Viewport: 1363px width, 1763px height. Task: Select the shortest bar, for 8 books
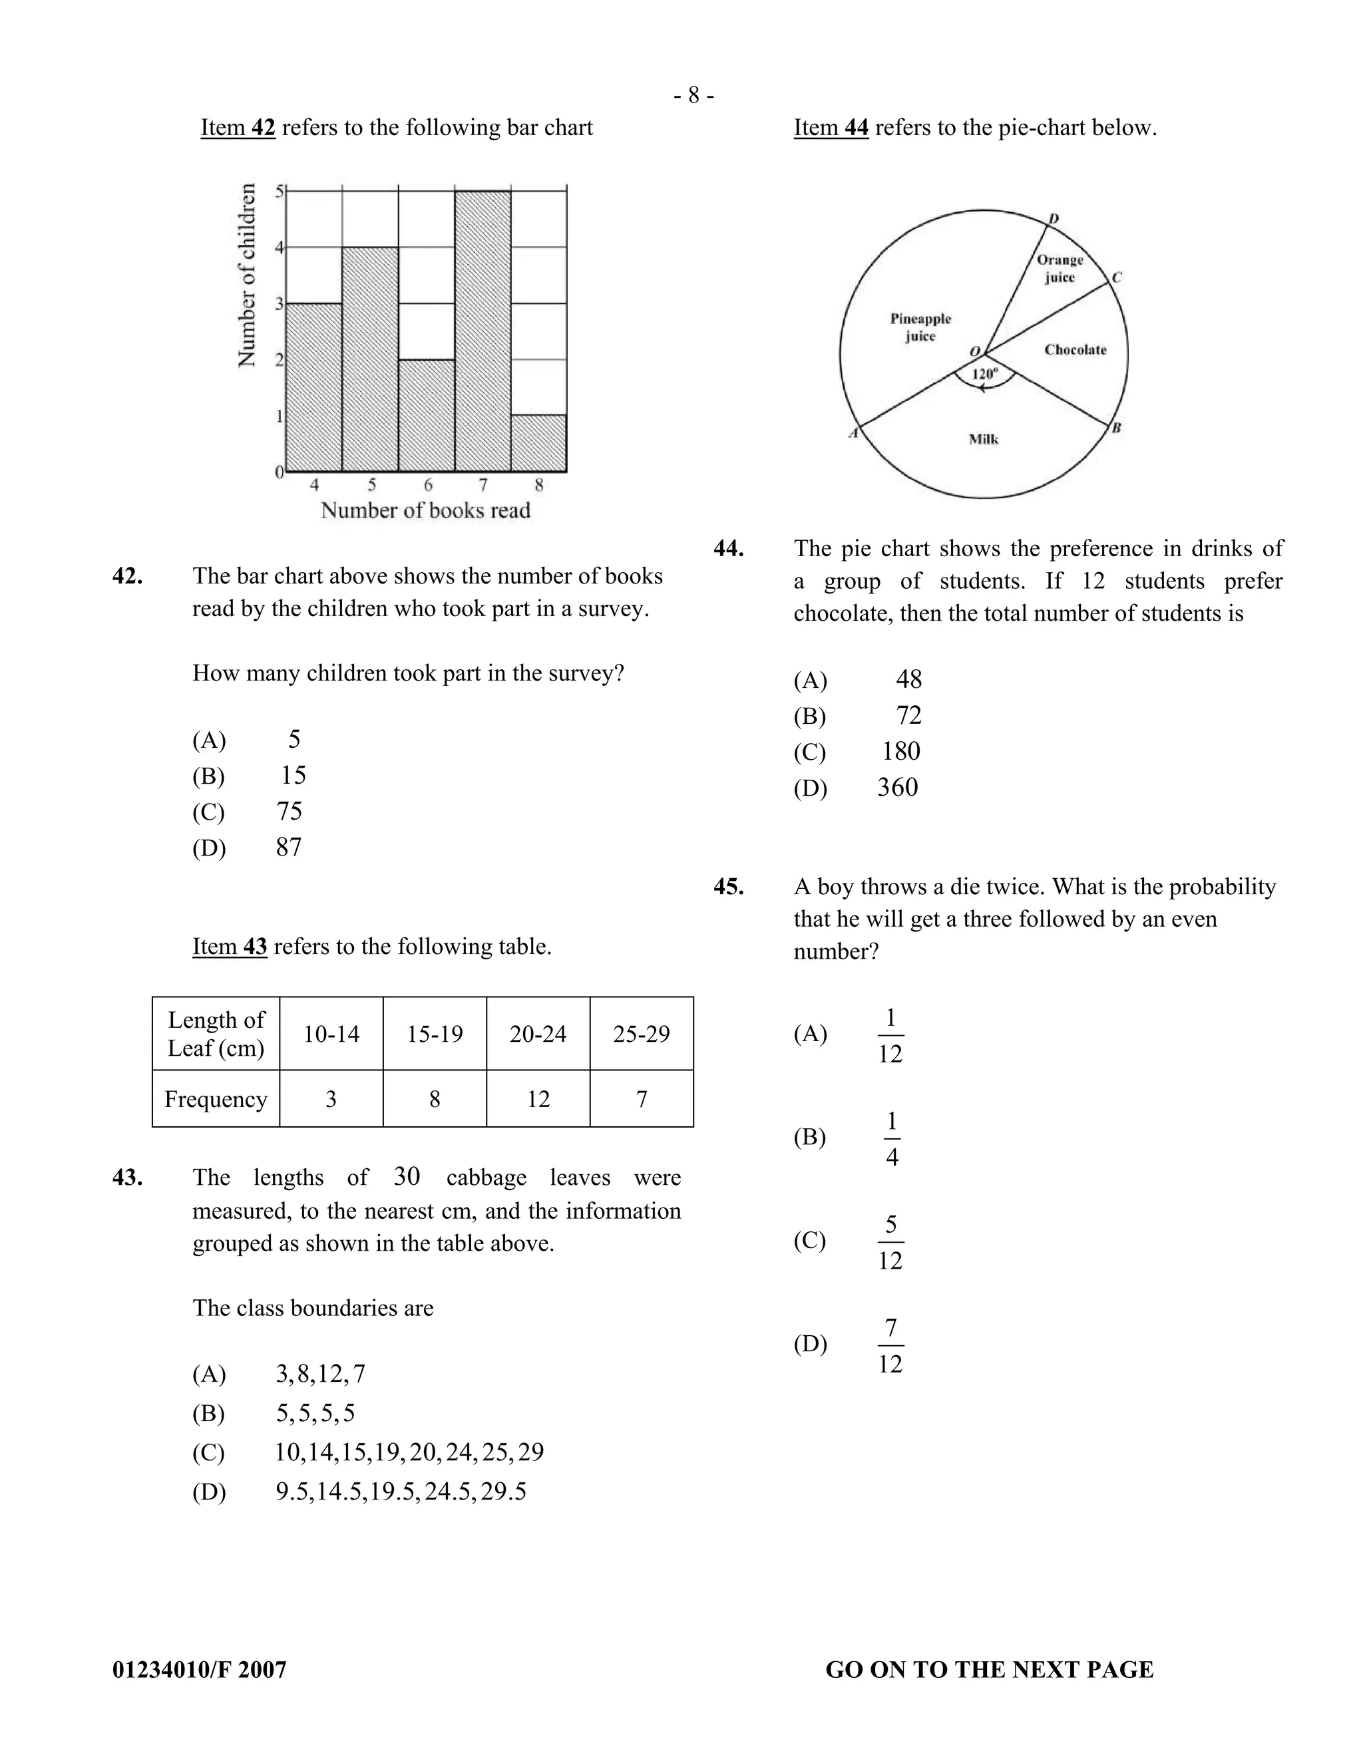click(538, 443)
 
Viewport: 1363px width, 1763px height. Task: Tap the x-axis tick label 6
click(428, 485)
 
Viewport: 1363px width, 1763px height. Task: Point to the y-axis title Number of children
click(247, 275)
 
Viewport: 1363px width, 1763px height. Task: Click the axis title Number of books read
click(425, 510)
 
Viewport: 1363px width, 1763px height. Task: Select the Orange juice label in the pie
click(1060, 268)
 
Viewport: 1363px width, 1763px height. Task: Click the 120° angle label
click(984, 374)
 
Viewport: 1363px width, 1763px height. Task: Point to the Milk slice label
click(984, 439)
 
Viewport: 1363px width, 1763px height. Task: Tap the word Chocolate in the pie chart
click(1075, 349)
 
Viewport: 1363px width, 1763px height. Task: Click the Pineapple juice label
click(920, 327)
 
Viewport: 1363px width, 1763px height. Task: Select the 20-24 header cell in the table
click(538, 1034)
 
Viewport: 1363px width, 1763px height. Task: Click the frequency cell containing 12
click(538, 1098)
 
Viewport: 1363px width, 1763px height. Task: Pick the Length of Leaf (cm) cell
click(216, 1034)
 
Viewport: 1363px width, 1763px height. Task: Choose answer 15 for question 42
click(293, 776)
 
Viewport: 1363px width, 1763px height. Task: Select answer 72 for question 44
click(908, 715)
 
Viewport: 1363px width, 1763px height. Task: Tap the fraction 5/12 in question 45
click(890, 1241)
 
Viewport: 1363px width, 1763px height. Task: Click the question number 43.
click(128, 1178)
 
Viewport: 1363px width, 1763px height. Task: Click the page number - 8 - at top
click(693, 96)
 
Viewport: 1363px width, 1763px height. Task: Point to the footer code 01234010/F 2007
click(200, 1669)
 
